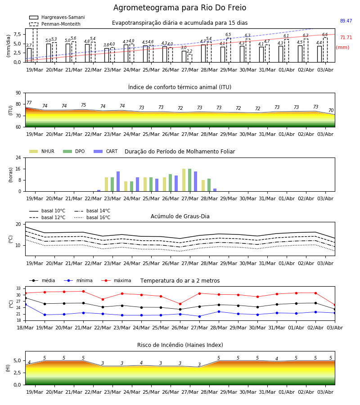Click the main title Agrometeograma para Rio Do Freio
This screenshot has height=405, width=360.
click(180, 8)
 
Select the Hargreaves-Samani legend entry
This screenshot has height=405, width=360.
click(57, 17)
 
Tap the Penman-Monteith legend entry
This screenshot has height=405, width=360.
click(55, 24)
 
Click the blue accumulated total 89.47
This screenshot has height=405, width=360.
click(346, 21)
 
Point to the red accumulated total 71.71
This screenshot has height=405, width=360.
click(346, 37)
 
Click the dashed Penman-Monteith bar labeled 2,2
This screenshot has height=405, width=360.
click(190, 58)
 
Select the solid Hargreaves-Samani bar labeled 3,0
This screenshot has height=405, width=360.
click(184, 57)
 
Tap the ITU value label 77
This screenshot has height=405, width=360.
click(29, 103)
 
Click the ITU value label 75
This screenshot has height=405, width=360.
click(83, 105)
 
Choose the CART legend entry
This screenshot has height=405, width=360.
click(106, 151)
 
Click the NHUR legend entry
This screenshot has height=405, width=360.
click(42, 151)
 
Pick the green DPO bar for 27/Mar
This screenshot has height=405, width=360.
click(190, 180)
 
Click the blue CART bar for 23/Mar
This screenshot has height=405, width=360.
click(118, 181)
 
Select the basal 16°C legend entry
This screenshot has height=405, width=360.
click(92, 217)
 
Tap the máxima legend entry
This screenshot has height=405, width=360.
click(116, 280)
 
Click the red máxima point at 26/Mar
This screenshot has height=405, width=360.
click(180, 304)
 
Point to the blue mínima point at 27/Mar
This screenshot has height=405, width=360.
click(200, 316)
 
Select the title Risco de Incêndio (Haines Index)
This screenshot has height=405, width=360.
click(180, 345)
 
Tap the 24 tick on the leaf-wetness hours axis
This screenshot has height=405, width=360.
click(18, 158)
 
